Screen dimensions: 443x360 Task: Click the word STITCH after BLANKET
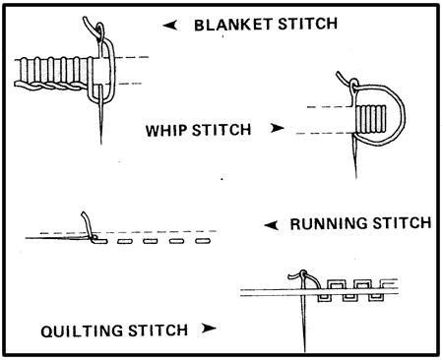(307, 24)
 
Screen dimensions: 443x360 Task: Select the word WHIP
(166, 131)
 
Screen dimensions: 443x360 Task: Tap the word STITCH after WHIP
(221, 130)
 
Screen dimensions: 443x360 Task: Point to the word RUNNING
(329, 224)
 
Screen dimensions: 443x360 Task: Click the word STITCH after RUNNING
(402, 223)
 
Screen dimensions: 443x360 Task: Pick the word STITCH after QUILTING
(158, 330)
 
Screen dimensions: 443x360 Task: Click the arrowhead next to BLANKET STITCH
(170, 26)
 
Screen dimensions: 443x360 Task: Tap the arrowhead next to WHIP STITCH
(278, 128)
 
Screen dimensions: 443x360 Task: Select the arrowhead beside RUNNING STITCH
(272, 225)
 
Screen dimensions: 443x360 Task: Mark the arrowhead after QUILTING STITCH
(209, 328)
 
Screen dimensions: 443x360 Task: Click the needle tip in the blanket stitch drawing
(101, 144)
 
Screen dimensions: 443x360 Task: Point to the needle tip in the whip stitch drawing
(356, 177)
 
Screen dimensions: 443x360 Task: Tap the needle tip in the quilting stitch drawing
(305, 351)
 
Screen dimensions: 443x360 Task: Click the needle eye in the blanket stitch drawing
(100, 31)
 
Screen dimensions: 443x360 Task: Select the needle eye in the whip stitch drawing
(353, 85)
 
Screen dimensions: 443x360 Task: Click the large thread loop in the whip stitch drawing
(403, 115)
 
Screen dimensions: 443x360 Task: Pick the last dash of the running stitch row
(203, 241)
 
